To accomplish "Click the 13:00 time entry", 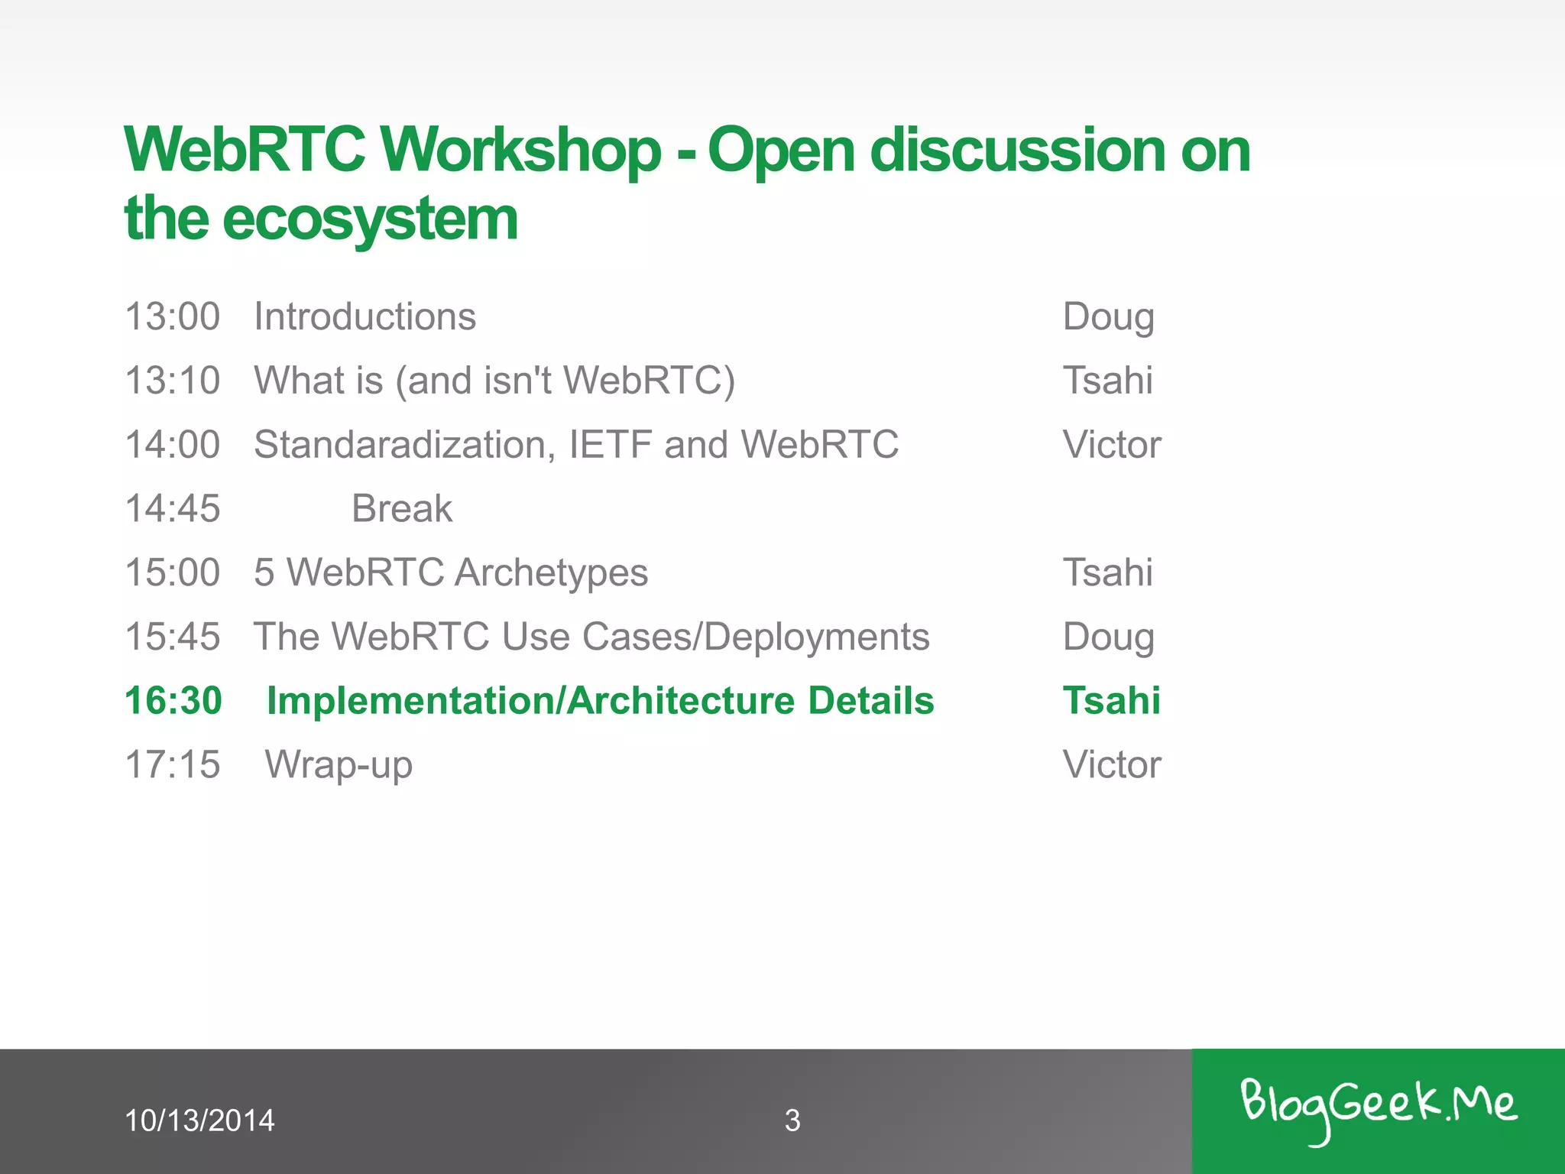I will tap(173, 316).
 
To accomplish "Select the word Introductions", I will tap(365, 316).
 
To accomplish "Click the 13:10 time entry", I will tap(173, 381).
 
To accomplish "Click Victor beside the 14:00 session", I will tap(1112, 445).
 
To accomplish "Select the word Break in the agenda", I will tap(402, 509).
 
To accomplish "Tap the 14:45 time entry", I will tap(173, 509).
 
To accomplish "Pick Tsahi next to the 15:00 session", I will tap(1108, 572).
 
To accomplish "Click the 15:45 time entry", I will tap(173, 637).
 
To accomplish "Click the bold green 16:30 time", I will tap(173, 701).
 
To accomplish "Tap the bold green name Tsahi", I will tap(1112, 701).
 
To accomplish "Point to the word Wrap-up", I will tap(339, 765).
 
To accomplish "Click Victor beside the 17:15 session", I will tap(1112, 765).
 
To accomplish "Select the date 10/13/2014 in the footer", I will tap(199, 1120).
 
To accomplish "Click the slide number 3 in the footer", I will tap(792, 1120).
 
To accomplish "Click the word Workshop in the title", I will tap(520, 150).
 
